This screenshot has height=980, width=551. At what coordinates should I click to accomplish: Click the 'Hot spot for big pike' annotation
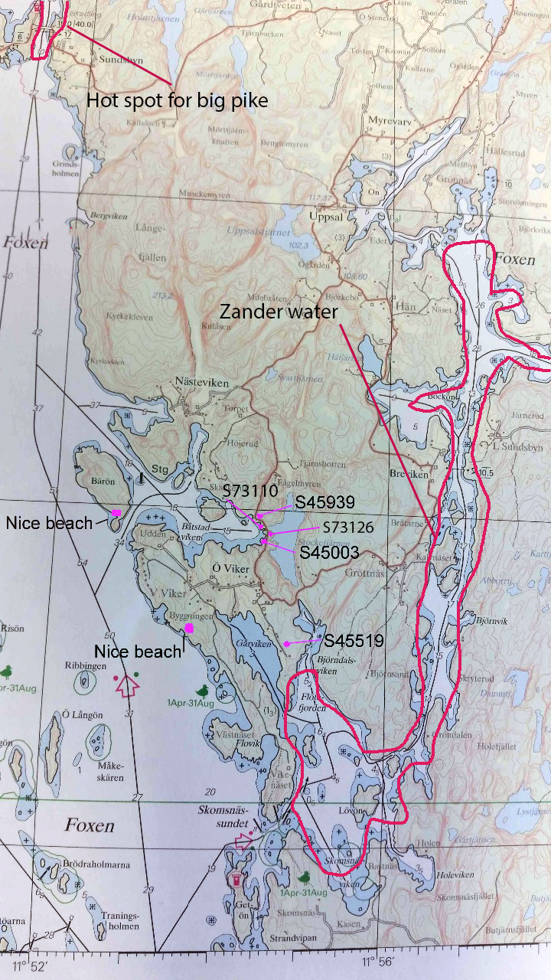pos(177,100)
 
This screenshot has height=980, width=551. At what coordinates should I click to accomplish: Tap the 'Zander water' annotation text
pos(278,312)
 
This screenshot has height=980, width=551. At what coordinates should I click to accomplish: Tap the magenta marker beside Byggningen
pos(189,627)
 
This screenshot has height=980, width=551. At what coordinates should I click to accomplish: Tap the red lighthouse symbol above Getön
pos(236,878)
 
